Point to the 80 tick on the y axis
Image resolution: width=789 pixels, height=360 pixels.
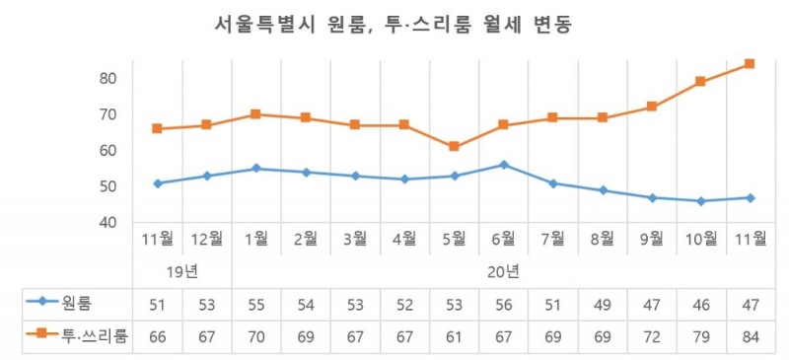click(x=109, y=78)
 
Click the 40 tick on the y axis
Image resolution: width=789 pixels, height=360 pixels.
click(x=109, y=223)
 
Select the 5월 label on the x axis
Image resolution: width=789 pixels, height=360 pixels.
click(x=454, y=238)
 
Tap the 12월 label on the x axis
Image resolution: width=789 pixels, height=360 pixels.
click(x=207, y=238)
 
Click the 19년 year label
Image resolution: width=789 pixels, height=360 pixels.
click(x=182, y=270)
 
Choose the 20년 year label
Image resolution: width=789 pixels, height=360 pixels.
click(x=503, y=270)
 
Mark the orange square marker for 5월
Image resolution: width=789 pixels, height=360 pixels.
click(x=454, y=147)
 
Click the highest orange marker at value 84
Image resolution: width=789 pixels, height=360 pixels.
click(x=750, y=63)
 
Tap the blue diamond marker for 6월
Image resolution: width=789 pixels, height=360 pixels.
click(x=503, y=165)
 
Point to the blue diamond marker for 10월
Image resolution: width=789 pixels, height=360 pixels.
click(x=700, y=201)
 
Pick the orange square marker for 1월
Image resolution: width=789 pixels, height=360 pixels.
click(x=256, y=114)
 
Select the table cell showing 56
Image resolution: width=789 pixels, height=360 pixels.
click(x=503, y=302)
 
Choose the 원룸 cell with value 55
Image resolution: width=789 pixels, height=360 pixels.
click(x=256, y=302)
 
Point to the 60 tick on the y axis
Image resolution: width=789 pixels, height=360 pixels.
click(x=109, y=151)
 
